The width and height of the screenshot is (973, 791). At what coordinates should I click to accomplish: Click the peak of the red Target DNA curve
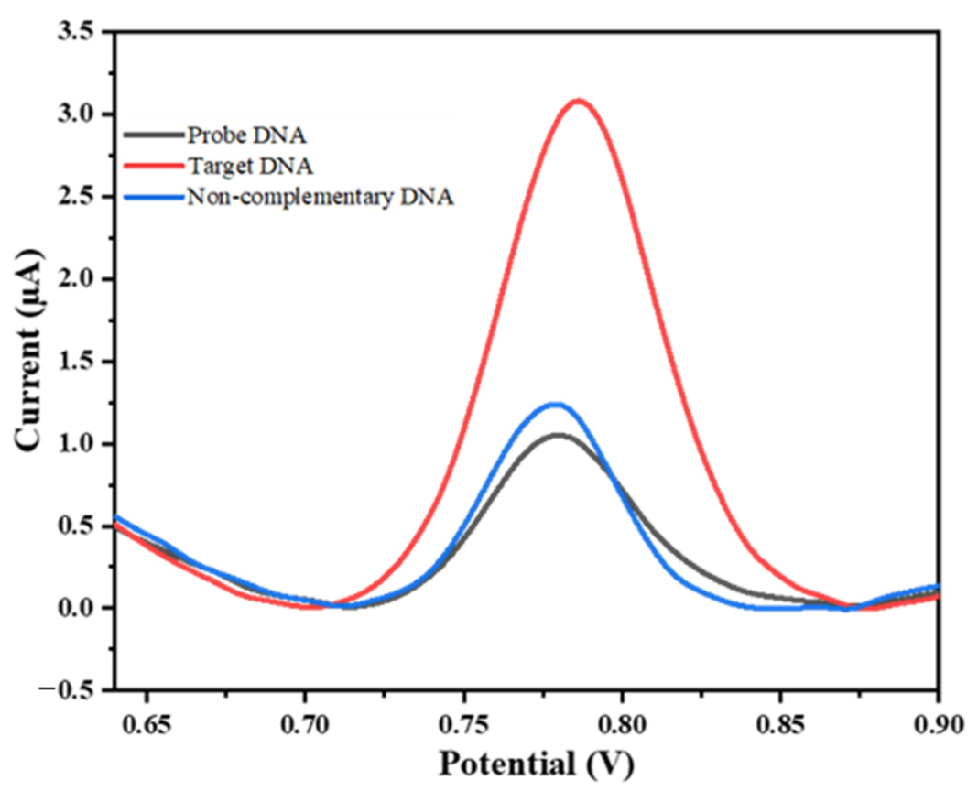579,101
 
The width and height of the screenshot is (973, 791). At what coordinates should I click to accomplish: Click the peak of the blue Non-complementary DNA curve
556,405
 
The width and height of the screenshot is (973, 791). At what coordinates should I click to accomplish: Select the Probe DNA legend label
247,135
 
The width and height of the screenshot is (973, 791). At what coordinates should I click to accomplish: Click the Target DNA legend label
250,167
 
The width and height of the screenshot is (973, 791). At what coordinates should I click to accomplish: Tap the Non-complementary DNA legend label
321,198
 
